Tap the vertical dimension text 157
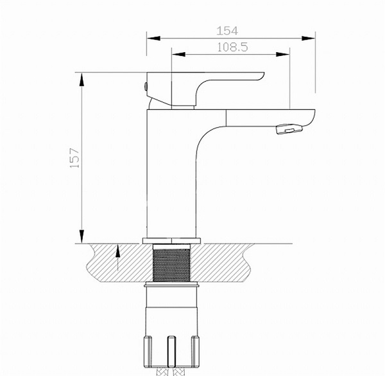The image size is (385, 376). coord(75,157)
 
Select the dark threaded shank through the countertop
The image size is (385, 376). coord(171,264)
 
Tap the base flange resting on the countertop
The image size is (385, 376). coord(171,241)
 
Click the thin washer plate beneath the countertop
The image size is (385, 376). coord(171,282)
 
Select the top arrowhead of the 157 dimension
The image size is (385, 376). coord(82,77)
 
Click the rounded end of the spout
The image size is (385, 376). coord(313,119)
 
